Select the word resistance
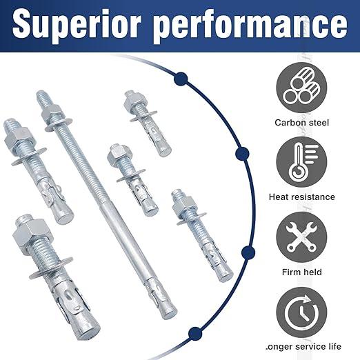point(317,197)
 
